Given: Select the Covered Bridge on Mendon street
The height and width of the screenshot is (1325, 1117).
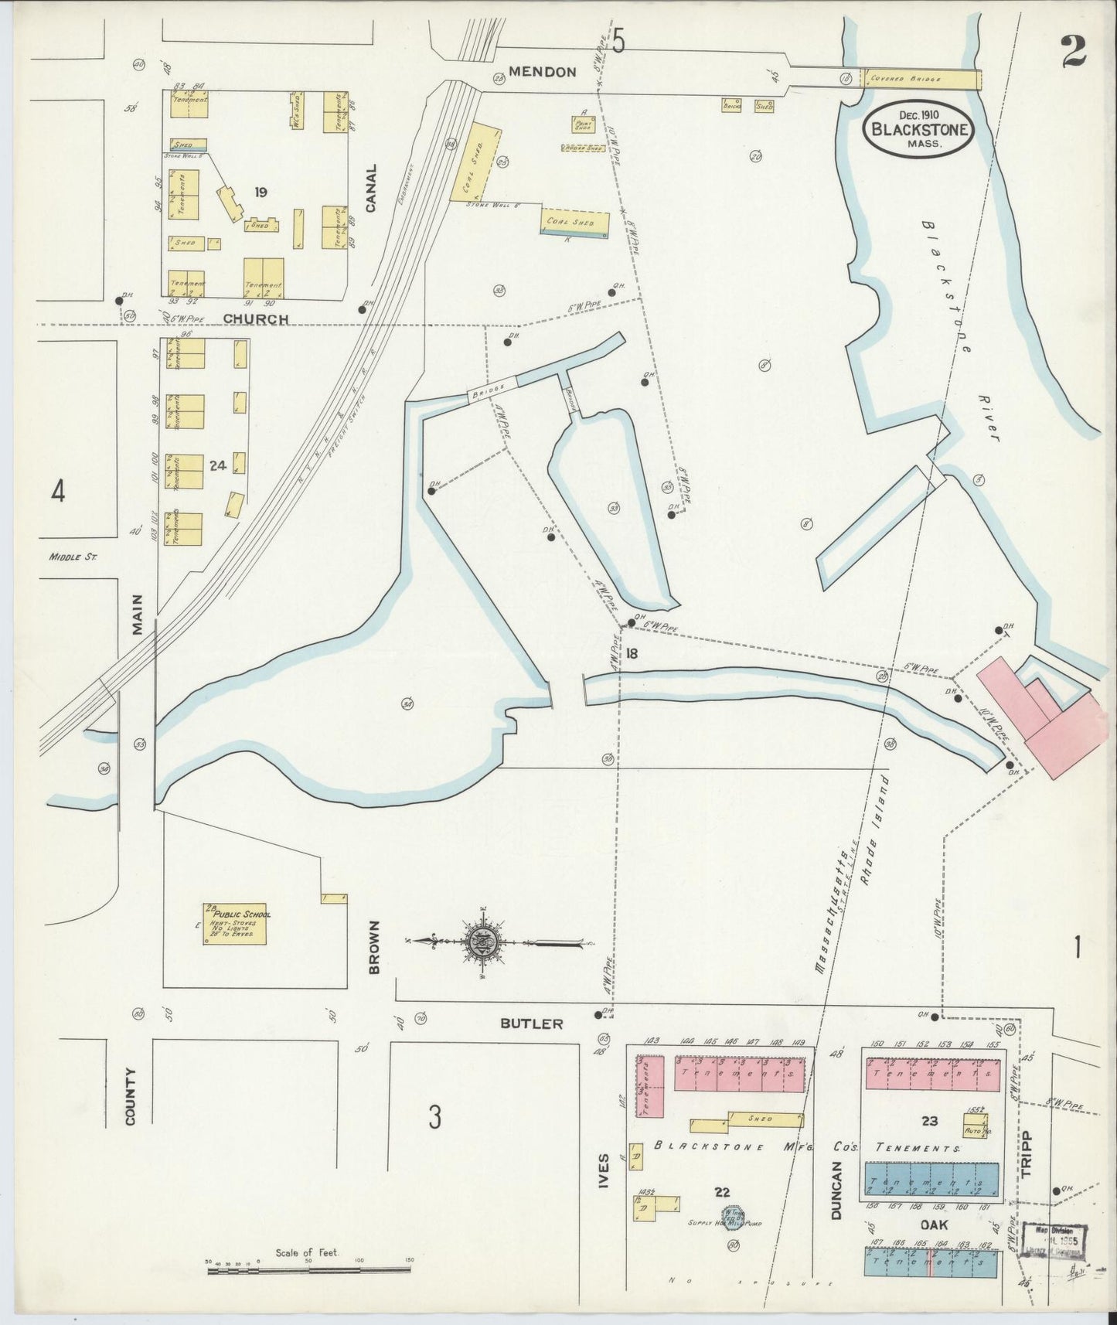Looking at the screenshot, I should [x=921, y=79].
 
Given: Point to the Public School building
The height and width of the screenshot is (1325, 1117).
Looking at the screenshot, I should [x=234, y=923].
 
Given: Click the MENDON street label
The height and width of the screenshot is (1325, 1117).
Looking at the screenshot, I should [x=547, y=72].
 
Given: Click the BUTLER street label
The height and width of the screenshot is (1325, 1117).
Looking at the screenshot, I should [x=531, y=1024].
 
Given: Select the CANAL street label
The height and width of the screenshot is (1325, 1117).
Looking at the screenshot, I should [x=370, y=188].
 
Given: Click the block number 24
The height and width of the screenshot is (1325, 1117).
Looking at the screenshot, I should [x=216, y=465].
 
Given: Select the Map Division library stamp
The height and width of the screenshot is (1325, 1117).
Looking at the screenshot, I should [x=1056, y=1239].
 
